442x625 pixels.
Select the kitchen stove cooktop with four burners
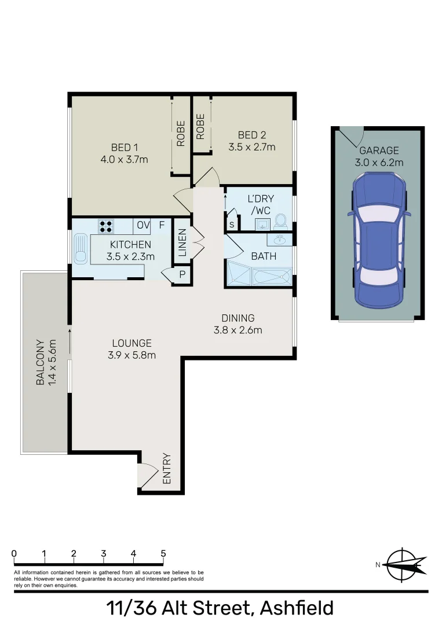pos(106,226)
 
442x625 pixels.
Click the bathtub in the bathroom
pos(272,277)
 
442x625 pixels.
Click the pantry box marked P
pos(181,275)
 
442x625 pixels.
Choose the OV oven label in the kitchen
pos(143,225)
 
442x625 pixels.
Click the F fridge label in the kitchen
pos(162,225)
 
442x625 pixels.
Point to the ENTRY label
pos(167,468)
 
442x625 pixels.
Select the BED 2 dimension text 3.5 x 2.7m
pos(251,147)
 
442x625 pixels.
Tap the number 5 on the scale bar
pos(163,553)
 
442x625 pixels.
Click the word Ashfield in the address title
pos(297,608)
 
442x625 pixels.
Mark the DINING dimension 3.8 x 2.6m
pos(238,330)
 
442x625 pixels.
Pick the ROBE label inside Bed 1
pos(181,133)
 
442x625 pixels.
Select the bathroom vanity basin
pos(279,239)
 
